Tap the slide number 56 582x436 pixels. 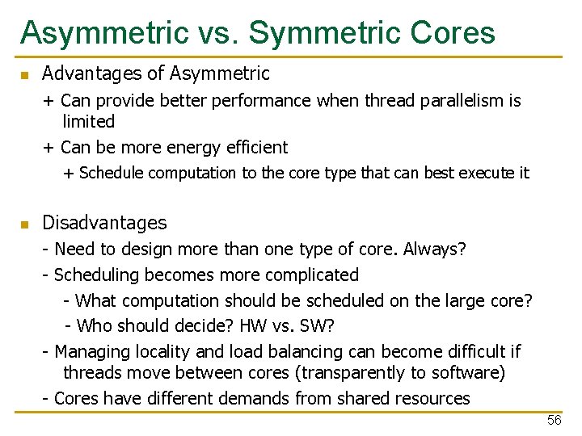coord(554,421)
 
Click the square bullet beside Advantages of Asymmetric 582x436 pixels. coord(25,76)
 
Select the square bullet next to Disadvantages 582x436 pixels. coord(25,224)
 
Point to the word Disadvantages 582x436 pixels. coord(104,223)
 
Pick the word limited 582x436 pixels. coord(89,122)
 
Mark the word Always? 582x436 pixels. coord(438,249)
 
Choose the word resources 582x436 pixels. coord(432,399)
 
